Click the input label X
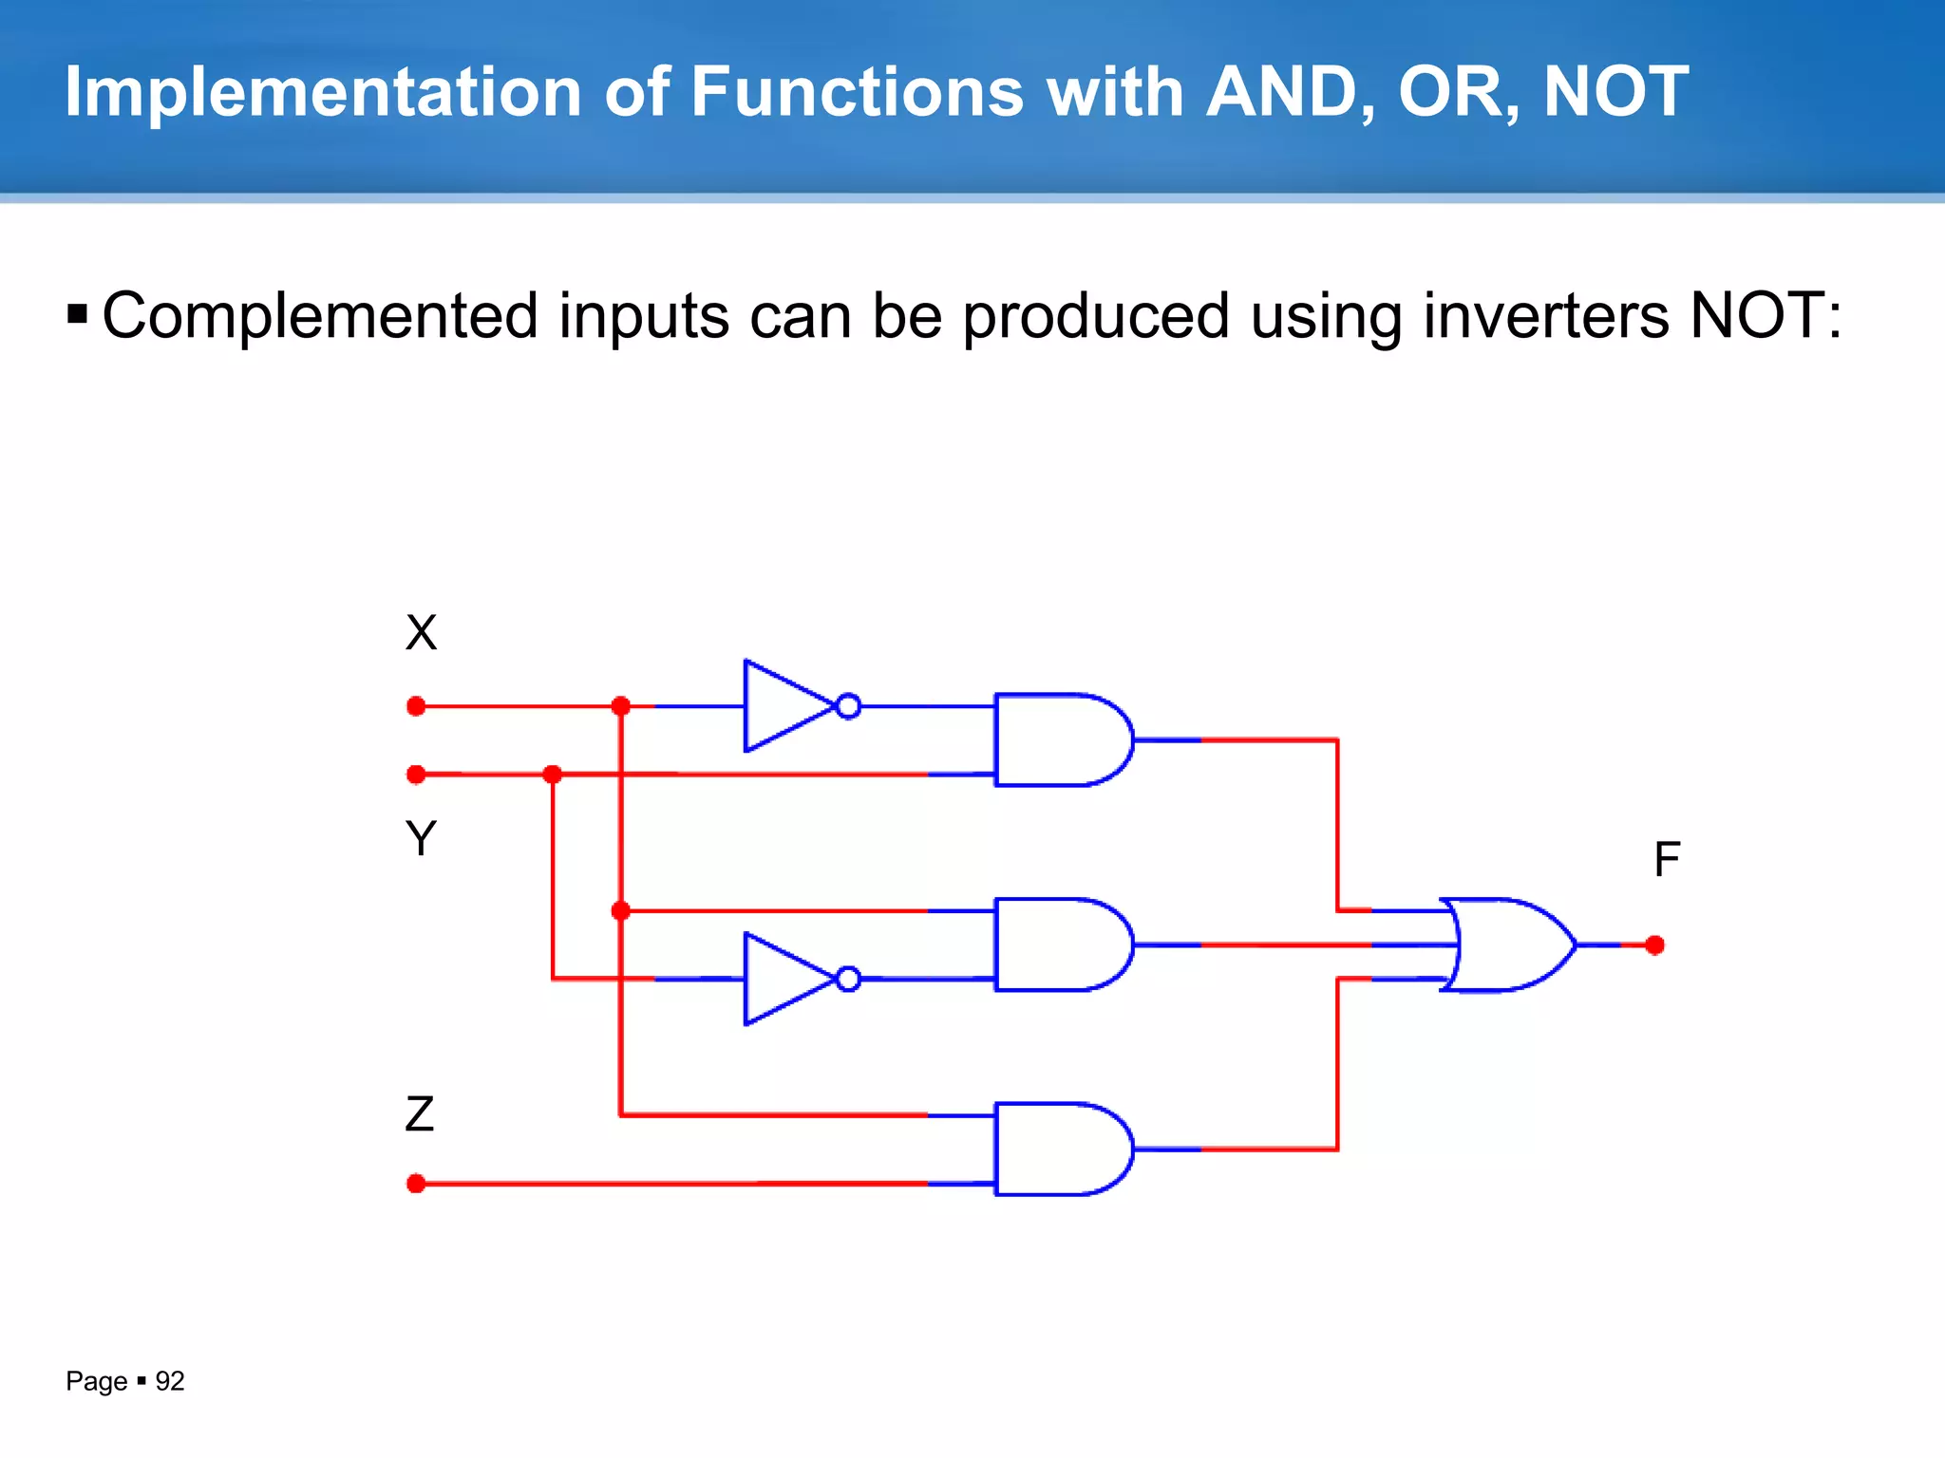pos(421,633)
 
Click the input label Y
pos(421,839)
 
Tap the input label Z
pos(420,1114)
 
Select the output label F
pos(1667,860)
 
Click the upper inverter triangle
pos(784,706)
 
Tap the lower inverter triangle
pos(784,979)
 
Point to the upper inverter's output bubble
pos(849,706)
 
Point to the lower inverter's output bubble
pos(849,979)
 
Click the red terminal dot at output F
pos(1655,945)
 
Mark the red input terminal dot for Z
pos(416,1184)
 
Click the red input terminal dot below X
pos(416,706)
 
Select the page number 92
pos(170,1381)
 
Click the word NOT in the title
pos(1615,92)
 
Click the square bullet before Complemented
pos(78,314)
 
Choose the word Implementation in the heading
pos(323,92)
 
